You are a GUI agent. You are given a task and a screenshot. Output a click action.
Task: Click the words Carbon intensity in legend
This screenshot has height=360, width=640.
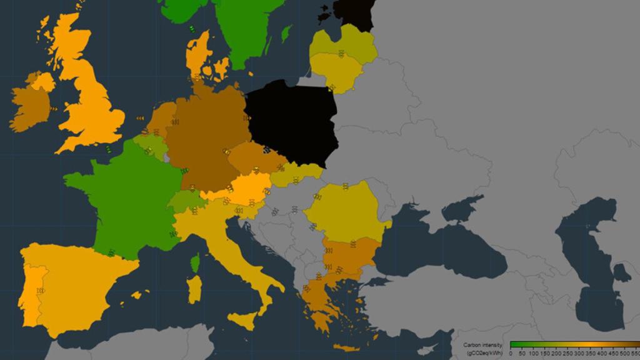pyautogui.click(x=482, y=345)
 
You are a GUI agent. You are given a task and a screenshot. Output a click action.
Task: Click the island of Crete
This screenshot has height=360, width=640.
pyautogui.click(x=347, y=347)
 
